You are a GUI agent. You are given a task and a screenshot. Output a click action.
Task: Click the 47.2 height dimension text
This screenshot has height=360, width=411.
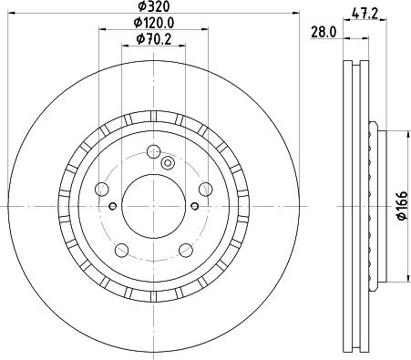tap(365, 13)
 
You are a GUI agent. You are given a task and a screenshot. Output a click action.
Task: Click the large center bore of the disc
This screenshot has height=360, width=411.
tap(152, 201)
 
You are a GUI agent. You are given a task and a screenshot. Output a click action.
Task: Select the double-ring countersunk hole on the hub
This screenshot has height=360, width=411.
tap(168, 164)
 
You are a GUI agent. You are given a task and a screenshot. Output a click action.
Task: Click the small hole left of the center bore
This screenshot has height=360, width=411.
tap(112, 206)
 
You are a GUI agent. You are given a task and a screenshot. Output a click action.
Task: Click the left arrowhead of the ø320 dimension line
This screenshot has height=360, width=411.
tap(8, 13)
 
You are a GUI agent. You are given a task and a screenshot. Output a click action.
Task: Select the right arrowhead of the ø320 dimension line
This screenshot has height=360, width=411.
tap(296, 13)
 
